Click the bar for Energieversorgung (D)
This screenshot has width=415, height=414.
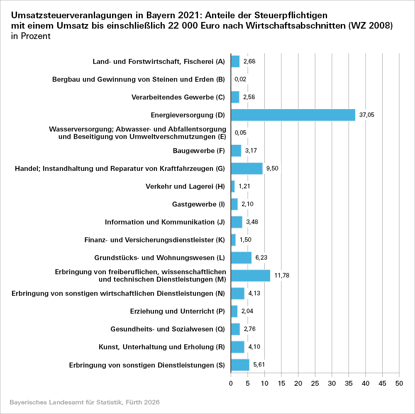pos(293,115)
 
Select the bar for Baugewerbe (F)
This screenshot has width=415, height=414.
pos(236,151)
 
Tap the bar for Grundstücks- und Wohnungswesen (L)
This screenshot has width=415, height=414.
pos(241,258)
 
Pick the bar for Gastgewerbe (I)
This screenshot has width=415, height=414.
pos(234,204)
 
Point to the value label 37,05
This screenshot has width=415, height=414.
pos(367,115)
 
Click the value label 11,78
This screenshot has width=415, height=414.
pos(282,275)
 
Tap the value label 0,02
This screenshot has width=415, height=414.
pos(241,79)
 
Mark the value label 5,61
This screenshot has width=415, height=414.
pos(259,365)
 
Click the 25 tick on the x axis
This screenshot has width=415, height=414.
pos(315,383)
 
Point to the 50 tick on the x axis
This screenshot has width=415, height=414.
pos(399,383)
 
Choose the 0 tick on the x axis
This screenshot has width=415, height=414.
pos(231,383)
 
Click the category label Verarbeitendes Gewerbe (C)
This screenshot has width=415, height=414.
pos(178,97)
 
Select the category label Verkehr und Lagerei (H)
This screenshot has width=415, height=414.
pos(185,186)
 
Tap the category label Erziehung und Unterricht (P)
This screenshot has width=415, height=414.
pos(178,311)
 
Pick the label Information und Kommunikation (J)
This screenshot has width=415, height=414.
pos(165,222)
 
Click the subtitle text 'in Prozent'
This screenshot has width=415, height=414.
pos(31,36)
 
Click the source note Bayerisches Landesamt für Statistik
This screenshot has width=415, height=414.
pos(84,402)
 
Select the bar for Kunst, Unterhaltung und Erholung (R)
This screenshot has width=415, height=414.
pos(238,347)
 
